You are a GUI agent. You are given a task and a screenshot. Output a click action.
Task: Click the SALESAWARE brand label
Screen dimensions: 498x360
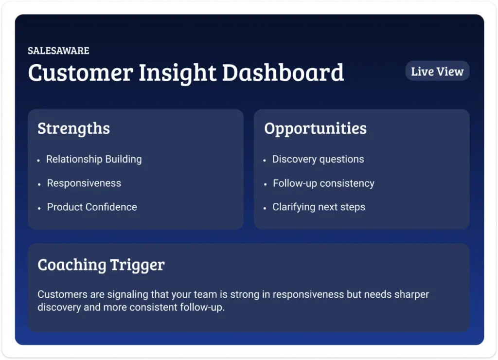point(58,51)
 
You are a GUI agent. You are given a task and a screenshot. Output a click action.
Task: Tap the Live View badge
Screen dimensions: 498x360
point(437,71)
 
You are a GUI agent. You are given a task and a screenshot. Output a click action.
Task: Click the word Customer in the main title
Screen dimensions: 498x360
point(81,72)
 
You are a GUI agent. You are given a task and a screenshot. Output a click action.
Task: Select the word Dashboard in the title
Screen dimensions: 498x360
point(283,72)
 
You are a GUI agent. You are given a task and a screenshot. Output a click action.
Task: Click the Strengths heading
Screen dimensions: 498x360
point(74,129)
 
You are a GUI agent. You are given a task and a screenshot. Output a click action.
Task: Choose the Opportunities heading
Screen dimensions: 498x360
point(315,129)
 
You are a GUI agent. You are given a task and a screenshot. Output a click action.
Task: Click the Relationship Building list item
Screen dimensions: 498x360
point(94,159)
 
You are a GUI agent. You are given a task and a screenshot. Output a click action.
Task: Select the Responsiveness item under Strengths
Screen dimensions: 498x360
point(84,183)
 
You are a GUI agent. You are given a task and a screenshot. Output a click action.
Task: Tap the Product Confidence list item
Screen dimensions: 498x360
point(92,207)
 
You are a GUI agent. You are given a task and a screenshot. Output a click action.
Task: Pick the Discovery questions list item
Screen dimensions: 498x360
point(318,159)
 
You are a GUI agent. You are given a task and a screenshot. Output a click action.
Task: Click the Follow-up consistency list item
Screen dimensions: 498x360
point(323,183)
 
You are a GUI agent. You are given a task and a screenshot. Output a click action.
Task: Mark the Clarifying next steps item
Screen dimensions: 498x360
point(319,207)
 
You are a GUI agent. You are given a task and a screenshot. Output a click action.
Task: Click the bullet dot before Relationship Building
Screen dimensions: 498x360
point(38,161)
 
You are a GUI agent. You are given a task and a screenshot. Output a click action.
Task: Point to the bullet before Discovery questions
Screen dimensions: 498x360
point(265,161)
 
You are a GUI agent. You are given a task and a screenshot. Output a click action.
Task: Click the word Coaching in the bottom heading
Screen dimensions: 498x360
point(72,265)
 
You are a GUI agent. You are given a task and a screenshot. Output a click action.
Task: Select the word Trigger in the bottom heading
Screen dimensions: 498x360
point(137,265)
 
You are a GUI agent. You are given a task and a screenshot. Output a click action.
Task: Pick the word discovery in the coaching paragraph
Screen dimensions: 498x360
point(59,307)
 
